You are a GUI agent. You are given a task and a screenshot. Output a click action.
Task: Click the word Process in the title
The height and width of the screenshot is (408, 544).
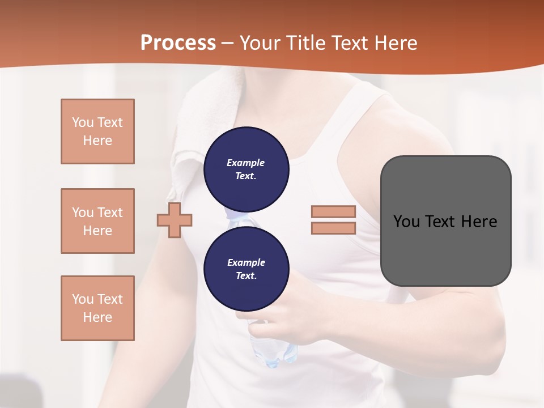[178, 43]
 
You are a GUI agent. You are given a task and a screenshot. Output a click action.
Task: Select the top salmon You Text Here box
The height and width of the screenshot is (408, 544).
[97, 131]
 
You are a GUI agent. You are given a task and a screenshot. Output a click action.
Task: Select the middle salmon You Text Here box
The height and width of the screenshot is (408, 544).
[97, 221]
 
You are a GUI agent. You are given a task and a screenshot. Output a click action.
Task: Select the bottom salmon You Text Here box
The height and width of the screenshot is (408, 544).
[97, 308]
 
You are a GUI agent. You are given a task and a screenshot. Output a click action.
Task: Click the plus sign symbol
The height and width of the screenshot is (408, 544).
[175, 220]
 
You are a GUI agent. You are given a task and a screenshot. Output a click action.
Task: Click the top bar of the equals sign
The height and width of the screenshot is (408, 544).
[333, 212]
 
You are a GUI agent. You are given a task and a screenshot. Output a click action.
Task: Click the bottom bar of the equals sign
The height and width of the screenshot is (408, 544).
[333, 228]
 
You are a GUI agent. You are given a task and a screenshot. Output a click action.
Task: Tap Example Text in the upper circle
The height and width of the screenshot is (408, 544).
[246, 169]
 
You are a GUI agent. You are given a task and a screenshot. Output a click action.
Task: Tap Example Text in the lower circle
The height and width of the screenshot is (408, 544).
[246, 269]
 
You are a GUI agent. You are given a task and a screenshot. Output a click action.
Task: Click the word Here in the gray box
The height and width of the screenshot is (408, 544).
[479, 222]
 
